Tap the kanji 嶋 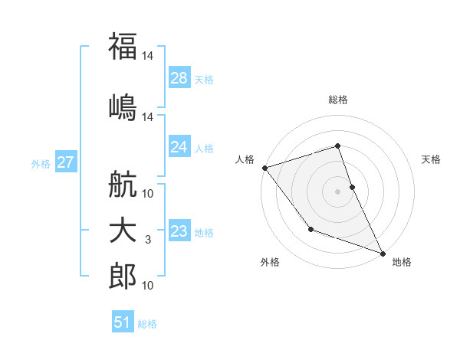tap(123, 106)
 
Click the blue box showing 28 tap(179, 78)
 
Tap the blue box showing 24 tap(179, 147)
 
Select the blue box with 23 tap(179, 232)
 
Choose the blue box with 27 tap(66, 162)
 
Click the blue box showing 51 tap(123, 322)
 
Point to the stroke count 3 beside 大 tap(148, 241)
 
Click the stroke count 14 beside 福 tap(148, 56)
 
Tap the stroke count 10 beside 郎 tap(148, 286)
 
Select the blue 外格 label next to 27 tap(41, 163)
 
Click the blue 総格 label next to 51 tap(147, 324)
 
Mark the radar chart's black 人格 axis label tap(245, 159)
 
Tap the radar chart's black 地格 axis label tap(402, 262)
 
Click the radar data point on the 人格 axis tap(264, 167)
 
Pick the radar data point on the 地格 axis tap(382, 253)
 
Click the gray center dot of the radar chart tap(337, 191)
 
